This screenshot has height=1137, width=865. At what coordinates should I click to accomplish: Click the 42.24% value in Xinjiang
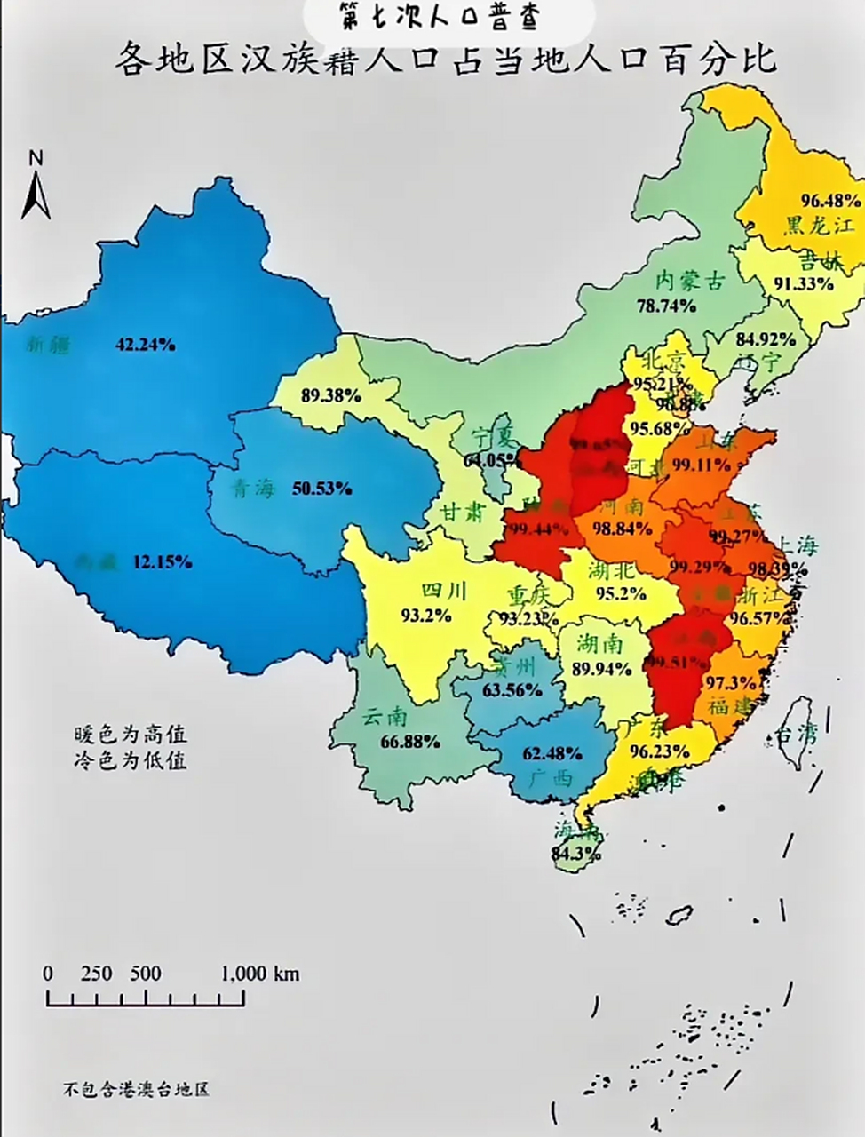point(145,345)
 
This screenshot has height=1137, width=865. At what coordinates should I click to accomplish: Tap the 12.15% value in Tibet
point(162,561)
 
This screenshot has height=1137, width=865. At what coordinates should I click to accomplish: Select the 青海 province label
point(254,489)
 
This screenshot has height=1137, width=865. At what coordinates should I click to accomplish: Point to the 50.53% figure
point(322,489)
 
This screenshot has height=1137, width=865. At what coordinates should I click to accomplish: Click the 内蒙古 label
point(689,281)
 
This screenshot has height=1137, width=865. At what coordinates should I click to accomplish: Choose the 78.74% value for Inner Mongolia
point(666,306)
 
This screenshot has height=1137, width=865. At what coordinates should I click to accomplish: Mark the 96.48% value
point(830,200)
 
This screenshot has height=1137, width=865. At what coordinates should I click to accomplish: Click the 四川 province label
point(443,591)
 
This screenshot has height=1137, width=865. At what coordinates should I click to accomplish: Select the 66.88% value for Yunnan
point(409,741)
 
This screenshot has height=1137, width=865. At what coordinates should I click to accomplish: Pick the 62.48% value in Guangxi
point(552,754)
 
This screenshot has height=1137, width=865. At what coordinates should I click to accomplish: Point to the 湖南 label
point(599,644)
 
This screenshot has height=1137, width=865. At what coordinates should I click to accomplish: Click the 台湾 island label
point(796,735)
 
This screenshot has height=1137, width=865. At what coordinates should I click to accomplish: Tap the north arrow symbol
point(36,187)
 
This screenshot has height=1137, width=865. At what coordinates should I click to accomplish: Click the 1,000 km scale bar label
point(259,974)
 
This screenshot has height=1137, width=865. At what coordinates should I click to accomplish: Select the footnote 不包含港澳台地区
point(136,1089)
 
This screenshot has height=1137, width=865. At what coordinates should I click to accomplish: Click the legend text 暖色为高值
point(131,735)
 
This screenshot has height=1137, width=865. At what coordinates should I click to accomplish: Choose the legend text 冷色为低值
point(131,761)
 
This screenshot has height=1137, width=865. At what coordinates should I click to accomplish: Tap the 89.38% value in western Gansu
point(330,396)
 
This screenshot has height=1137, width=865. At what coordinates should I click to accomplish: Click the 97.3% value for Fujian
point(732,682)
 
